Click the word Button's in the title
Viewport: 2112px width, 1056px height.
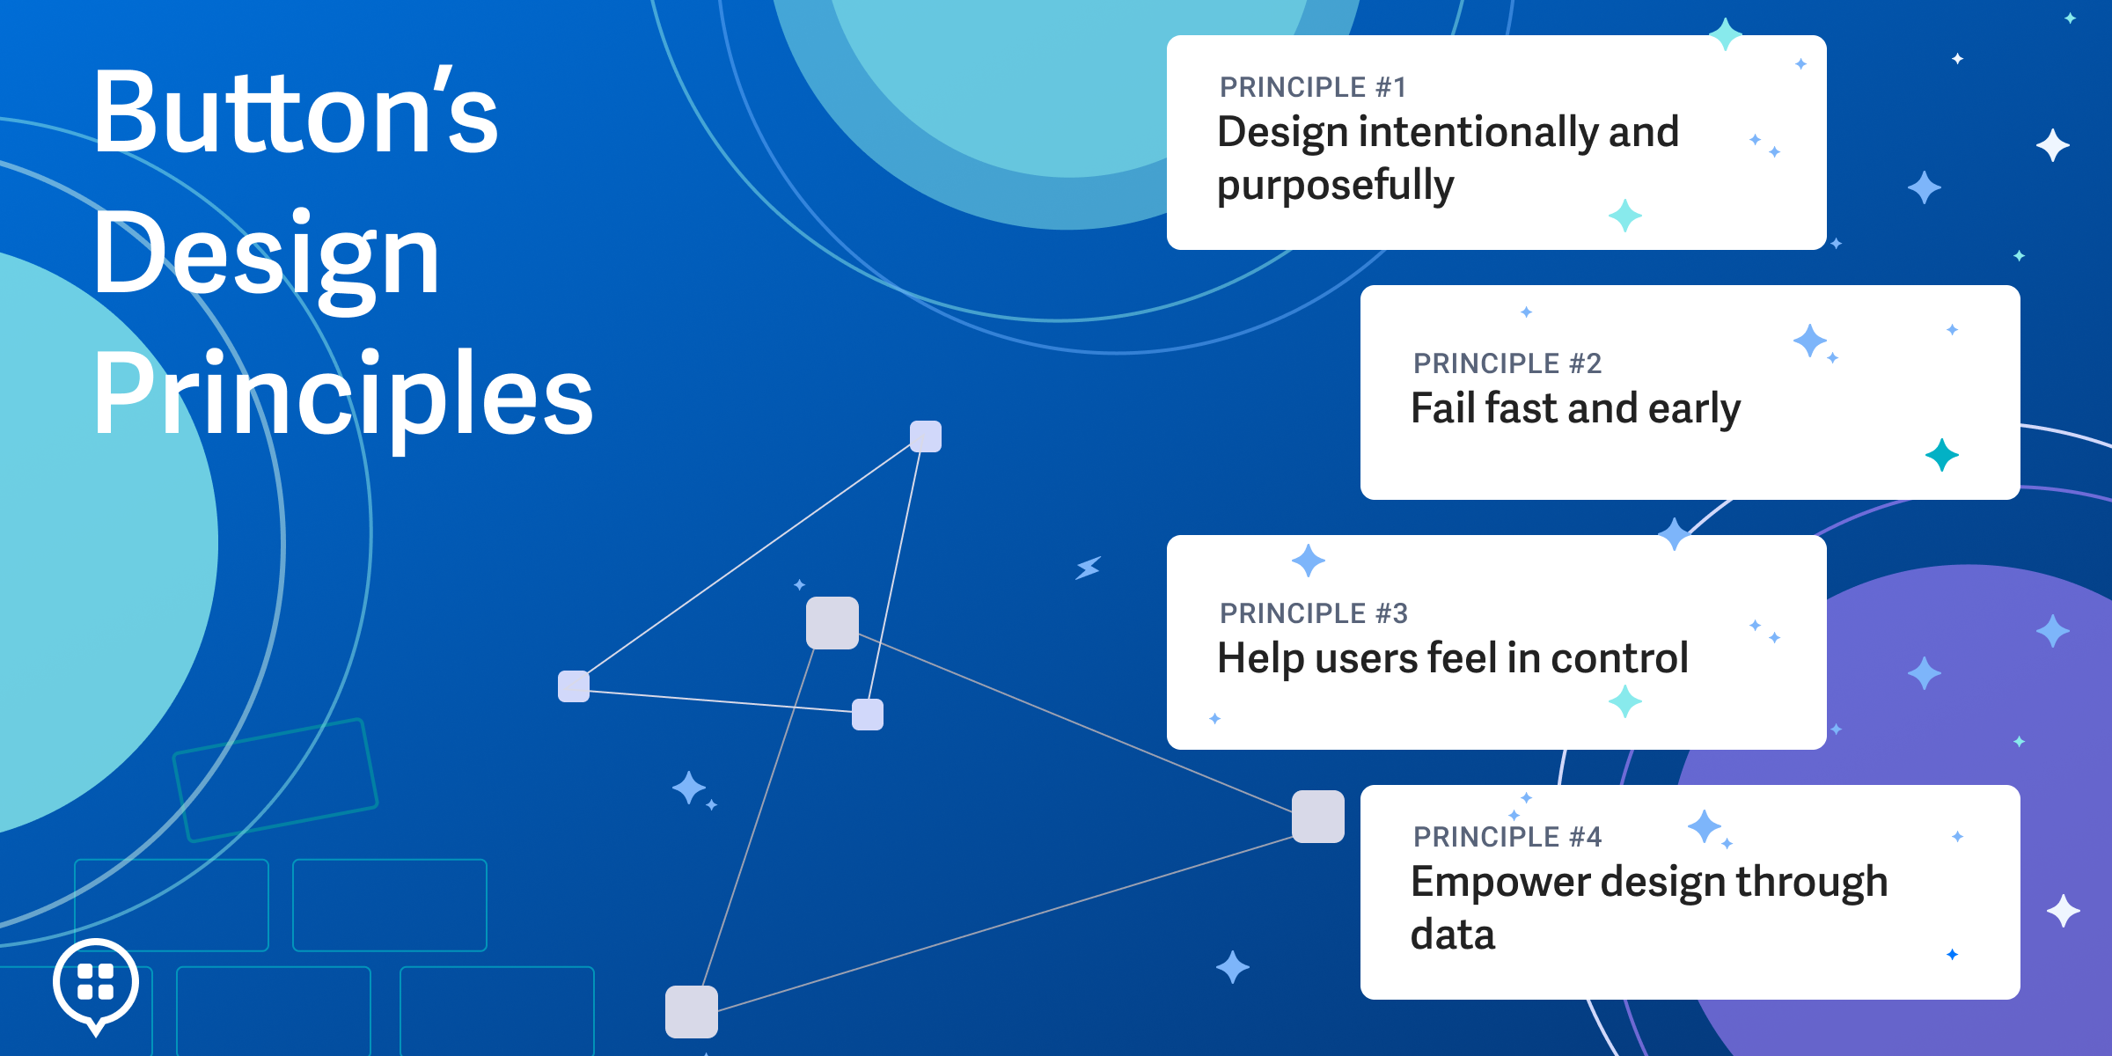click(296, 112)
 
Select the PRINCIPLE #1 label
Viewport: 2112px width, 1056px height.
click(1313, 87)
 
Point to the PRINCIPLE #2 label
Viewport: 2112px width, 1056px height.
click(1507, 363)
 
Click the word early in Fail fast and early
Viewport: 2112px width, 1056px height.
click(1694, 410)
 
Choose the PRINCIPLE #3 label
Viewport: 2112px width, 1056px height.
click(1313, 613)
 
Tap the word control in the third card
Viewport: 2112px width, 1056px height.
click(1619, 658)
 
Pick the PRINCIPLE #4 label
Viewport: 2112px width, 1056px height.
click(1507, 837)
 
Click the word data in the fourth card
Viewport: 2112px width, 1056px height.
click(1453, 934)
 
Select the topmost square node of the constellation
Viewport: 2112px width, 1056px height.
click(926, 436)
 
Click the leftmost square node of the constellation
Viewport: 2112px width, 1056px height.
click(574, 686)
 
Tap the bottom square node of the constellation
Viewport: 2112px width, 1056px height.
click(692, 1012)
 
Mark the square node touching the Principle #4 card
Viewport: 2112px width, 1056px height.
click(1318, 817)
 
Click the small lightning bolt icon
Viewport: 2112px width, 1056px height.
click(1089, 568)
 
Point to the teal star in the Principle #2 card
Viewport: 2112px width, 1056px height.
click(1942, 455)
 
